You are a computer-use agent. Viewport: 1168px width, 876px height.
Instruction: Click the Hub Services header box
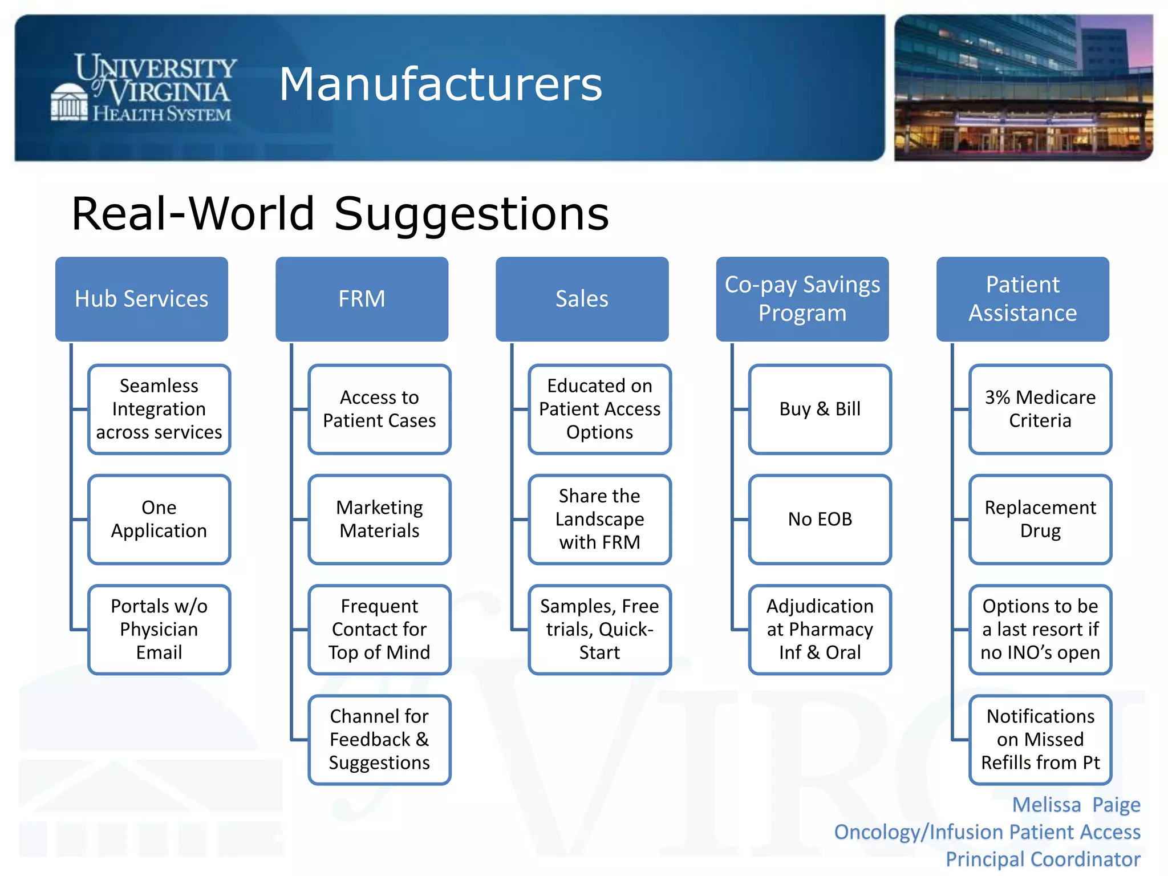(141, 299)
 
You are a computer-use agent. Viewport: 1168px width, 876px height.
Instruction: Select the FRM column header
(362, 299)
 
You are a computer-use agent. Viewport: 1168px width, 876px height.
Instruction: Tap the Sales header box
(582, 299)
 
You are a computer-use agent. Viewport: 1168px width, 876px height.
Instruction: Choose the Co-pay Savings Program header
(802, 299)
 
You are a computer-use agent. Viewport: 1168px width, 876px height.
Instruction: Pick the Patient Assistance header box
(1023, 299)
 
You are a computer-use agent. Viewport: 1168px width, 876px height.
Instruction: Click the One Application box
(159, 519)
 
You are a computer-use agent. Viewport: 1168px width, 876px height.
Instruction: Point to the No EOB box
(820, 519)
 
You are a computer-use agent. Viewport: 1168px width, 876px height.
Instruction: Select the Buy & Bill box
(820, 409)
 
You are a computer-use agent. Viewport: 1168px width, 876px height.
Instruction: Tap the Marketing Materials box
(379, 519)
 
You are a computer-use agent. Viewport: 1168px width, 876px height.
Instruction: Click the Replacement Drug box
(1040, 519)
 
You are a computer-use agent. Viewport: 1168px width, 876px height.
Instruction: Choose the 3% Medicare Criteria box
(1040, 409)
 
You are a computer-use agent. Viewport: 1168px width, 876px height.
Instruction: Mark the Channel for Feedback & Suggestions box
(379, 739)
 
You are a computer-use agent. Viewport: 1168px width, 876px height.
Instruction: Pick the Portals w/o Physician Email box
(159, 629)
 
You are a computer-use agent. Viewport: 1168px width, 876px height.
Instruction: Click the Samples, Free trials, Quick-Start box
(599, 629)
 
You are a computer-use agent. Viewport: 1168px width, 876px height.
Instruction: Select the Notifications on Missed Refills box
(1040, 739)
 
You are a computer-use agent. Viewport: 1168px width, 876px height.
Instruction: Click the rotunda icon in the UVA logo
(70, 103)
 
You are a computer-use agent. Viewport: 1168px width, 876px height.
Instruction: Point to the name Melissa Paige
(1076, 805)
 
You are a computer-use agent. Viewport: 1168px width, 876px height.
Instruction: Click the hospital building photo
(1023, 88)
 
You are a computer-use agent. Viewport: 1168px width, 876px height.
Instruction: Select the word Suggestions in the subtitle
(471, 214)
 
